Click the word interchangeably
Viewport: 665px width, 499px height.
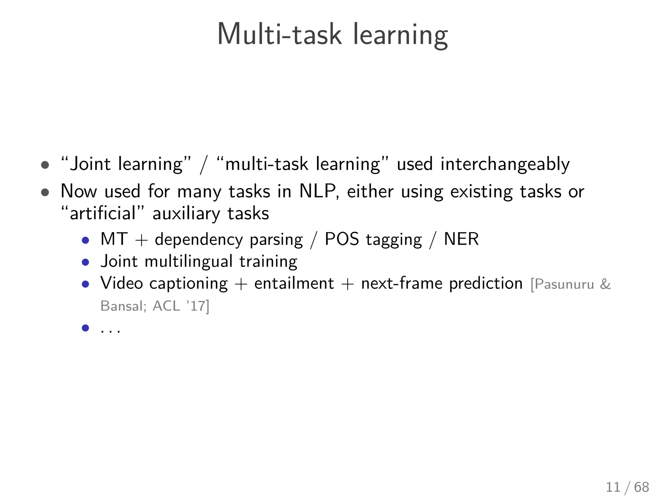505,164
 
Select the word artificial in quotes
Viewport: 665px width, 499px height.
103,214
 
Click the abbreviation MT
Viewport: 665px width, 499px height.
114,239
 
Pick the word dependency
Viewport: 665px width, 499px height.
199,240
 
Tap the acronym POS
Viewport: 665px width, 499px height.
342,239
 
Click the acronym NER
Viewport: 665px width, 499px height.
461,239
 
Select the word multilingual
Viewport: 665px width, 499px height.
188,262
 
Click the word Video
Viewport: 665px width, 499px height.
122,283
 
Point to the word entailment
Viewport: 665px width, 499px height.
294,283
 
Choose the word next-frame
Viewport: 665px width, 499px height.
402,283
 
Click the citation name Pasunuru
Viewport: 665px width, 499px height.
564,284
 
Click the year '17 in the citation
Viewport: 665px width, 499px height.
196,306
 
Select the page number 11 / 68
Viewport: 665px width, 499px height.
627,487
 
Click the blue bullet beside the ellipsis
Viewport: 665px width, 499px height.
85,328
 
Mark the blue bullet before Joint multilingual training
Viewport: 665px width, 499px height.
85,262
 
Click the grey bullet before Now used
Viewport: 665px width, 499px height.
45,192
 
